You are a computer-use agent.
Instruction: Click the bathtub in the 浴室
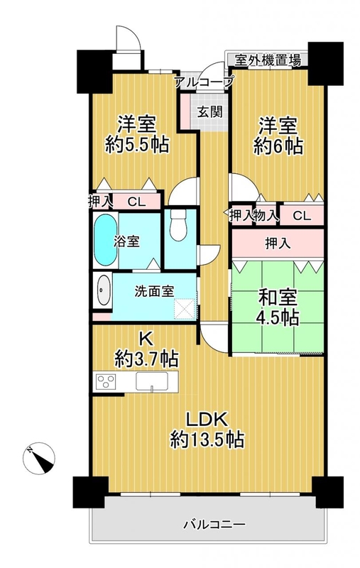point(105,240)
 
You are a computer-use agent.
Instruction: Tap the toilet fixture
point(178,224)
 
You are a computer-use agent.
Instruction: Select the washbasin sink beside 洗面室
point(104,290)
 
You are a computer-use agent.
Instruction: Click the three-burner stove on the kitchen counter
point(106,382)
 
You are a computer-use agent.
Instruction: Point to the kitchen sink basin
point(151,381)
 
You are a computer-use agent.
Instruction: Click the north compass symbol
point(39,458)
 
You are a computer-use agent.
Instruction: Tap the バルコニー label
point(214,524)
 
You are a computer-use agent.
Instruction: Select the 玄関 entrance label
point(209,112)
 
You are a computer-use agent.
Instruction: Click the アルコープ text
point(204,82)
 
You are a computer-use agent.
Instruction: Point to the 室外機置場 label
point(268,60)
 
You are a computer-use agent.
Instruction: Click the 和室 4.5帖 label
point(278,307)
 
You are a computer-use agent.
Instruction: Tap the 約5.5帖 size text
point(137,146)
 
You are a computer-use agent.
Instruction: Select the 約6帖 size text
point(278,146)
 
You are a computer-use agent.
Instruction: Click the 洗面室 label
point(154,291)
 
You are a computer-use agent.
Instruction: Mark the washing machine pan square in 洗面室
point(185,309)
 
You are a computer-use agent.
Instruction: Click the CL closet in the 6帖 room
point(302,216)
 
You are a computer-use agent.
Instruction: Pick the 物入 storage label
point(266,216)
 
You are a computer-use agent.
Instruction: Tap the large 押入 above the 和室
point(278,244)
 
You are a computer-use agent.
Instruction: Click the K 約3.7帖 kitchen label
point(146,349)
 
